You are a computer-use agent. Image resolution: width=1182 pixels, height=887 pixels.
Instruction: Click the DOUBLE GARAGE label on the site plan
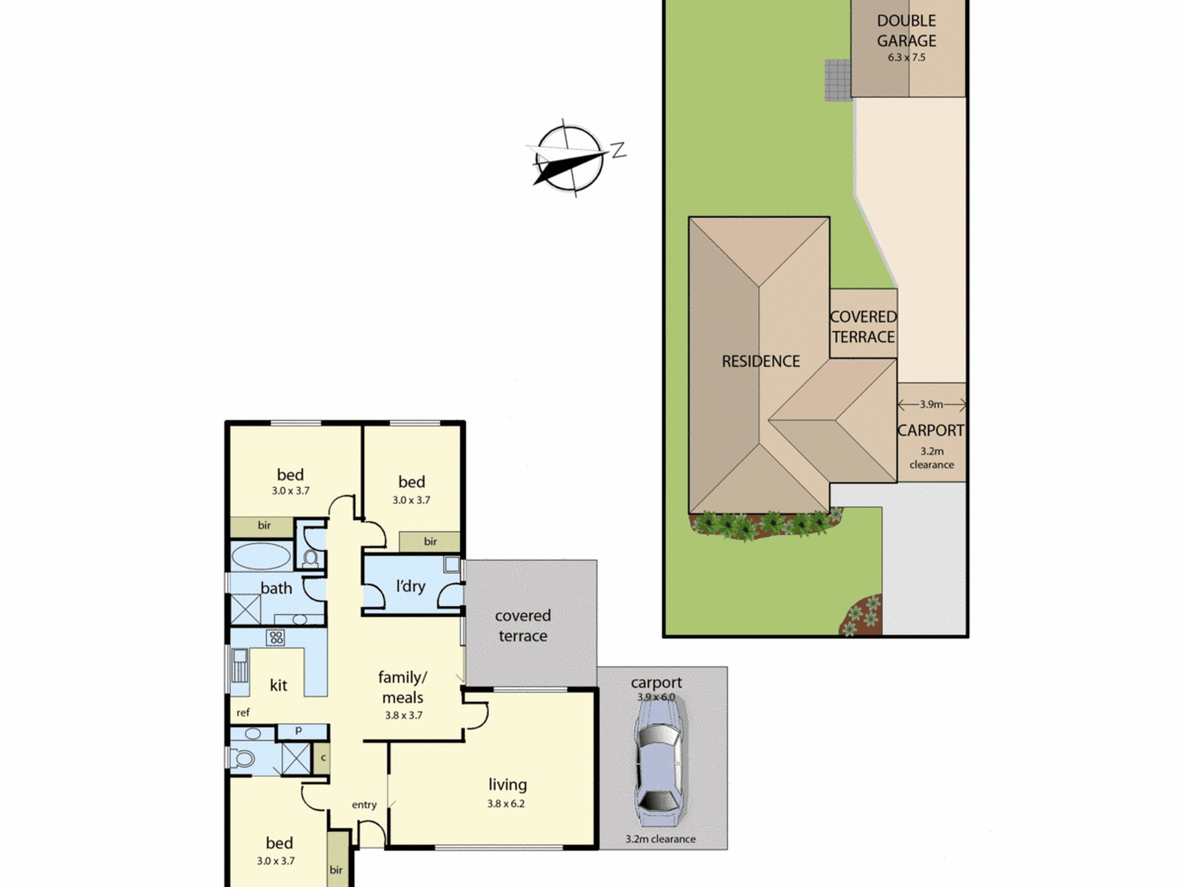[x=906, y=31]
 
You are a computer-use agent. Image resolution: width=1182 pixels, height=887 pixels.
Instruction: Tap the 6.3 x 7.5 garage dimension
[x=907, y=57]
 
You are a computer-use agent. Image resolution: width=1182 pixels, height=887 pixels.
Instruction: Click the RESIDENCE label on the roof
[x=761, y=361]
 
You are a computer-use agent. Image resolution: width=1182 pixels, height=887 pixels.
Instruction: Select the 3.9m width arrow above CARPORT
[x=931, y=404]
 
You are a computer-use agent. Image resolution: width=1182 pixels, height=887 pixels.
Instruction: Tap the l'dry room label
[x=411, y=586]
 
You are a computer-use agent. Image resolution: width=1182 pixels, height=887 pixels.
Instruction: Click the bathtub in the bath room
[x=261, y=556]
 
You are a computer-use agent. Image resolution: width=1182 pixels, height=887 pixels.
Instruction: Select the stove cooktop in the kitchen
[x=275, y=637]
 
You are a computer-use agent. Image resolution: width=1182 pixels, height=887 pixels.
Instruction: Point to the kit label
[x=278, y=685]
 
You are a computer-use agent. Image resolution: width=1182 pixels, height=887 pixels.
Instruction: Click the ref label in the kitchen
[x=243, y=713]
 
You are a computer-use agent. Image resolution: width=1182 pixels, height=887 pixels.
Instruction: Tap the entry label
[x=364, y=805]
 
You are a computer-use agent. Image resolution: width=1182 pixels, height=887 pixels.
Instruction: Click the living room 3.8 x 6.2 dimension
[x=506, y=804]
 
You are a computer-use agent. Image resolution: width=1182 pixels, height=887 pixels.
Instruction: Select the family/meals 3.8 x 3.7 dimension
[x=404, y=716]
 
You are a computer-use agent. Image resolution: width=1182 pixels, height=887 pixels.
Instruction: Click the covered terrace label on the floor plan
[x=523, y=626]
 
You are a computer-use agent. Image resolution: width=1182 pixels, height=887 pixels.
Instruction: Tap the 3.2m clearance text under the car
[x=660, y=839]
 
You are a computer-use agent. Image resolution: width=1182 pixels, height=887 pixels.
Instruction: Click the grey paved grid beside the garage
[x=838, y=80]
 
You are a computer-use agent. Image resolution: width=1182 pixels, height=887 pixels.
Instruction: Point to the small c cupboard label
[x=323, y=757]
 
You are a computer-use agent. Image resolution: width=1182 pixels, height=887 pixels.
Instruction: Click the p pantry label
[x=298, y=731]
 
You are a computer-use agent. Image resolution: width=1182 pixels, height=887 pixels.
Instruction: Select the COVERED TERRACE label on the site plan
[x=863, y=327]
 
